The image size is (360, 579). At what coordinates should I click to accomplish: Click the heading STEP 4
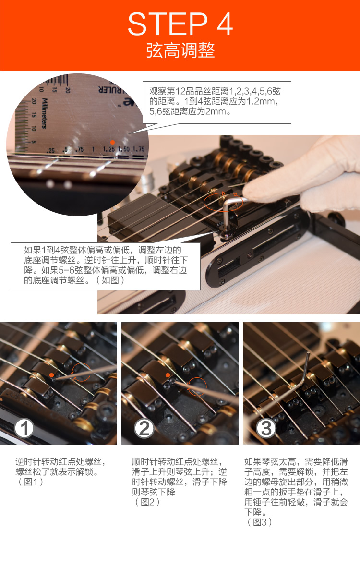pos(180,24)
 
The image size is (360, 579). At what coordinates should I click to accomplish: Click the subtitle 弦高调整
pos(180,50)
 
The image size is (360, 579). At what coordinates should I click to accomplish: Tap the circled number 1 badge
pos(24,428)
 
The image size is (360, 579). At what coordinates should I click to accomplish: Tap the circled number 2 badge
pos(144,428)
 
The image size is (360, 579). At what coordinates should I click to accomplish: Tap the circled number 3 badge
pos(266,428)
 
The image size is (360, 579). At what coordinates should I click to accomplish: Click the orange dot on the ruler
pos(112,142)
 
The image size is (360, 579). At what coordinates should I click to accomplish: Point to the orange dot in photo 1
pos(52,375)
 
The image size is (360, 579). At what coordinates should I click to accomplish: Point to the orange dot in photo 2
pos(168,375)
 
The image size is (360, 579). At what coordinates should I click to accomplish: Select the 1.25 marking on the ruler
pos(109,149)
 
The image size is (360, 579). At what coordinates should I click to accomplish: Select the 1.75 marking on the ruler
pos(139,149)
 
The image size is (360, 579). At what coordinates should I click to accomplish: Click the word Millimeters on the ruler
pos(44,113)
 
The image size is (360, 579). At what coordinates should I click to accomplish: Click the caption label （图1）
pos(31,482)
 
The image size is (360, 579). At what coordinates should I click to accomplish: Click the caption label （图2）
pos(147,502)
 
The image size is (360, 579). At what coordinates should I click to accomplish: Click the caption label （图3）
pos(260,522)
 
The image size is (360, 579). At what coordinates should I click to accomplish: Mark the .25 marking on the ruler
pos(51,150)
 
